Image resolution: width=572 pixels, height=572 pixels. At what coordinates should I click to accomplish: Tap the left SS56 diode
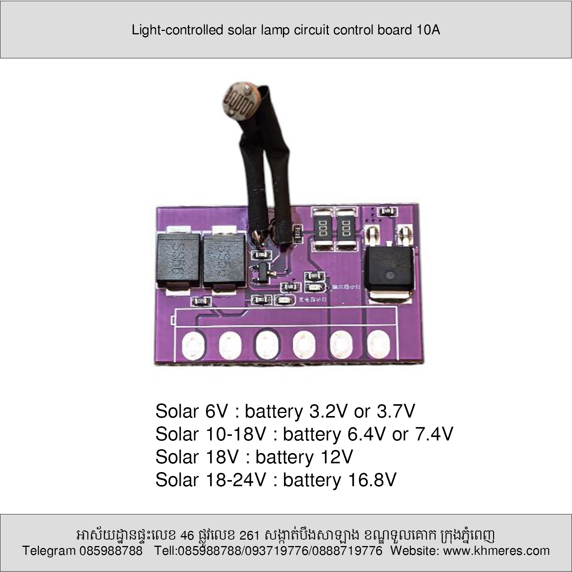tap(178, 259)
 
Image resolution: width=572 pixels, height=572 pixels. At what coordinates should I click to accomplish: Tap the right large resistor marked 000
tap(347, 229)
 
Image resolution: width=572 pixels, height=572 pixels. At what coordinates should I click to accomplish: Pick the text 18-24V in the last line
tap(235, 480)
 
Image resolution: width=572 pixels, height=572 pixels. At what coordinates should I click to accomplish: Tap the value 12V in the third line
tap(334, 457)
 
